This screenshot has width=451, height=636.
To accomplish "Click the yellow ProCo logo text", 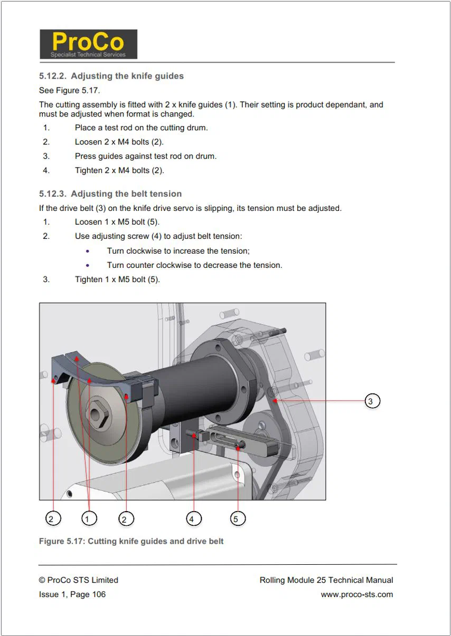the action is pos(88,42).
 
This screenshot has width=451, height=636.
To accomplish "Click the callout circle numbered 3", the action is pos(372,401).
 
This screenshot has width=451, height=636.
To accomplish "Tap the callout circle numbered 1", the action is pos(89,518).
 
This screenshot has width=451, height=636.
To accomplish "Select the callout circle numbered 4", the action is pos(194,518).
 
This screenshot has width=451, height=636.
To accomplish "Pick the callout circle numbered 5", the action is pos(238,518).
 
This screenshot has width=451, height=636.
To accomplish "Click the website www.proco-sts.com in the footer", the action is pos(357,594).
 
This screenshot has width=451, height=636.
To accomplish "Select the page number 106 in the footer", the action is pos(99,594).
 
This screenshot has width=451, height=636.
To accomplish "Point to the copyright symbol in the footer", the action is pos(42,580).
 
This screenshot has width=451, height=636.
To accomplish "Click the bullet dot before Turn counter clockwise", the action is pos(88,265).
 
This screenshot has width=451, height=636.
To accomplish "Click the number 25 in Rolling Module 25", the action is pos(321,580).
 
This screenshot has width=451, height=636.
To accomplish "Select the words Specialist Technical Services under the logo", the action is pos(88,54).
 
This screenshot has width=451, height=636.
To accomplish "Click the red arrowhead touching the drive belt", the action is pos(275,401).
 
